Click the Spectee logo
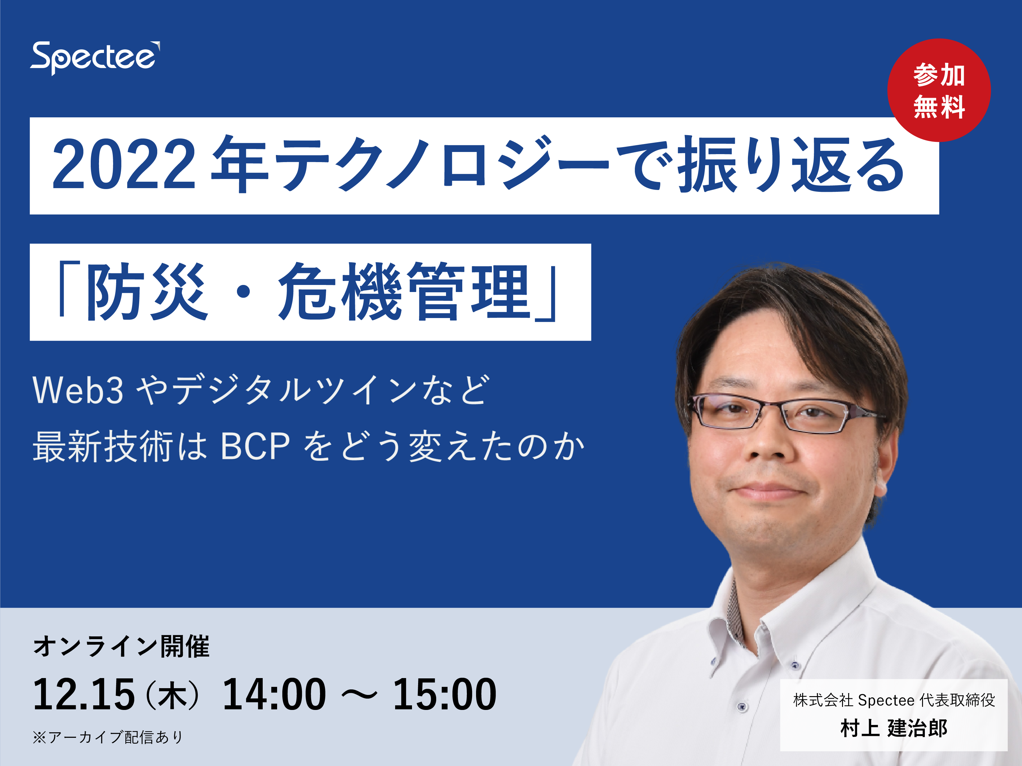point(95,58)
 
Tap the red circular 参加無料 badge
point(939,90)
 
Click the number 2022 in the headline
point(124,164)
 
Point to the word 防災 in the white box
point(147,292)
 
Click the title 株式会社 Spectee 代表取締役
point(894,700)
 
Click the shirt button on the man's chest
point(742,706)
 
